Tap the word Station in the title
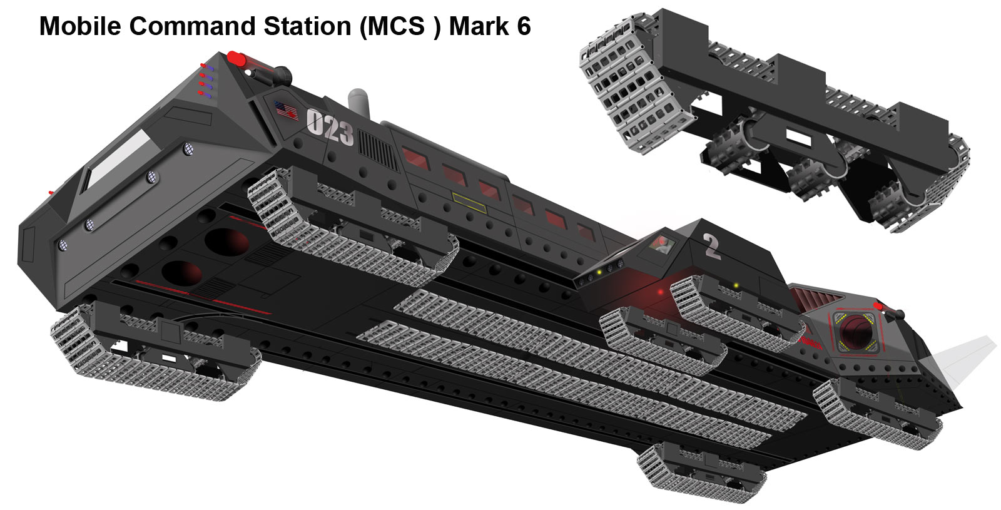(307, 26)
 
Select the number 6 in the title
(524, 26)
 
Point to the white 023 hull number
(330, 128)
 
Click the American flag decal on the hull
(286, 110)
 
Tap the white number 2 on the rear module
(712, 246)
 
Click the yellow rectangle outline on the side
(469, 203)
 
